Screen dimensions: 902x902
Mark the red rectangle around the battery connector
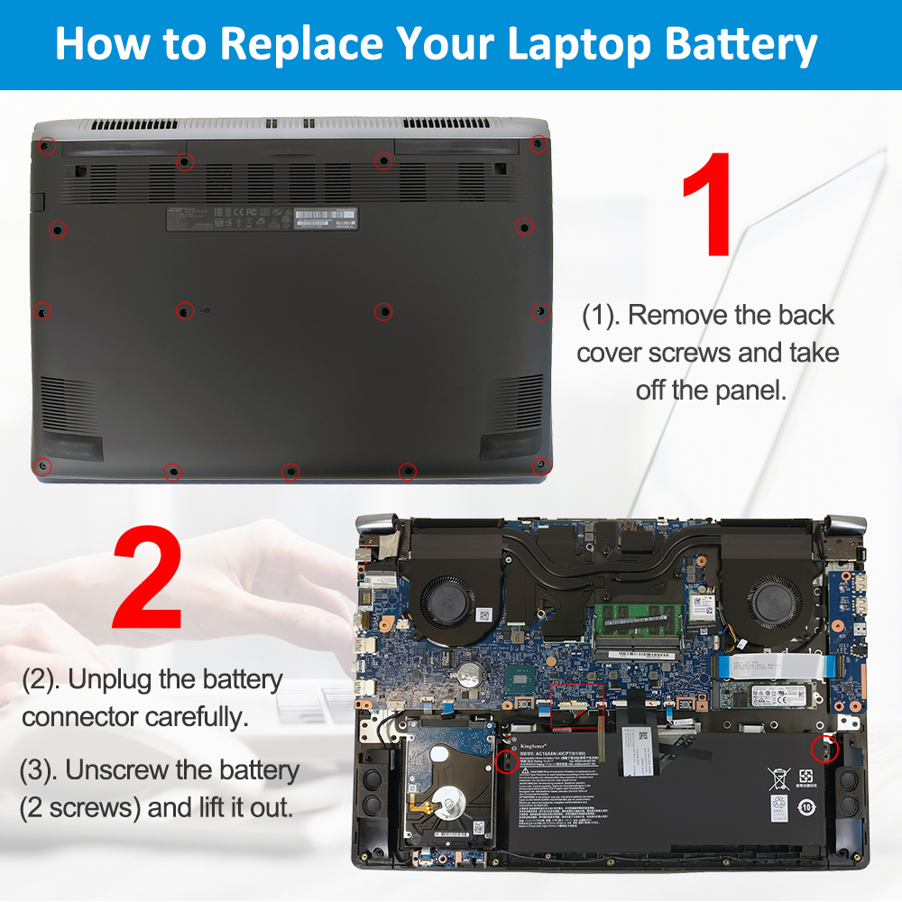click(575, 705)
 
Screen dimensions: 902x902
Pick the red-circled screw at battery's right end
click(822, 748)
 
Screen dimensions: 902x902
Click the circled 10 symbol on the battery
click(810, 807)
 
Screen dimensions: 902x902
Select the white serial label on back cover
click(326, 218)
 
